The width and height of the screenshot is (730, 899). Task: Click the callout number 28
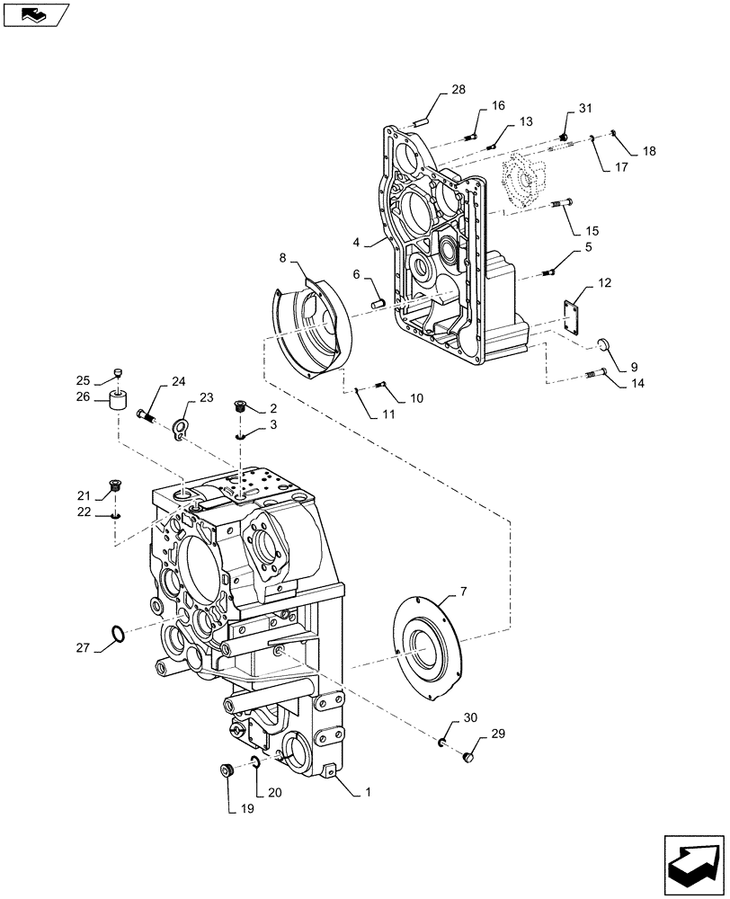[x=458, y=89]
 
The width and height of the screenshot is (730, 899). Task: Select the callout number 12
[x=604, y=284]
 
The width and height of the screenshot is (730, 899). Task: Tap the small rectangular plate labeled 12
[x=572, y=316]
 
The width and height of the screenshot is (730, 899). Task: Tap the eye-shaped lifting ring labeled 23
[x=182, y=430]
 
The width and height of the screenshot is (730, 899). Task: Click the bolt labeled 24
[x=147, y=415]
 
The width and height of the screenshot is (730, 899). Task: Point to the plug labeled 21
[x=114, y=487]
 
